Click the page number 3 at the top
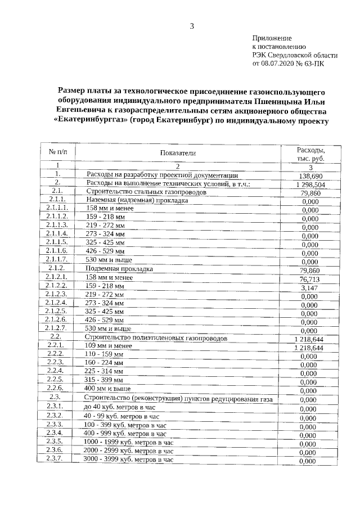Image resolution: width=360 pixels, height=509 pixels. coord(192,26)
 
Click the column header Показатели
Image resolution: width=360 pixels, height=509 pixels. coord(177,154)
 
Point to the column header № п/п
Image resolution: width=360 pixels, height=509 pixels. coord(58,152)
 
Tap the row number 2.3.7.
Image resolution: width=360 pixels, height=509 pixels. coord(57,458)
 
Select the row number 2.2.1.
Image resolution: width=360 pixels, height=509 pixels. coord(57,344)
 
